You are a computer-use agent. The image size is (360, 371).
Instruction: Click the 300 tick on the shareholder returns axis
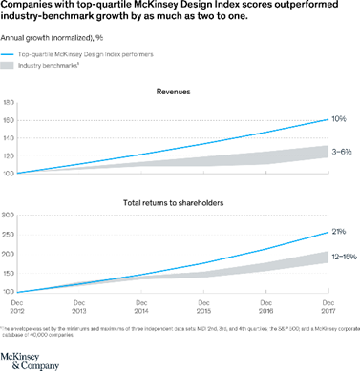[8, 216]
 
